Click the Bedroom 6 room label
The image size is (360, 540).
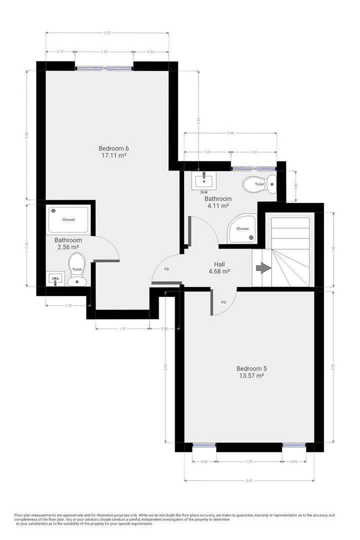click(x=113, y=148)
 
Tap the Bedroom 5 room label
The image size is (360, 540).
click(x=250, y=368)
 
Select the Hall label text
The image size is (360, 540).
click(x=219, y=264)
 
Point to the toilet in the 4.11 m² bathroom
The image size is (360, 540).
click(x=259, y=184)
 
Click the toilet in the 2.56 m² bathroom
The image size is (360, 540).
click(x=76, y=268)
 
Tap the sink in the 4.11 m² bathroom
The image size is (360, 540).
click(x=204, y=181)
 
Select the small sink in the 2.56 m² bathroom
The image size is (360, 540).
click(x=55, y=279)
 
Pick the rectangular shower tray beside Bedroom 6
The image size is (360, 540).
click(x=68, y=220)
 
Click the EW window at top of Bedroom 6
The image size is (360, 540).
click(x=104, y=68)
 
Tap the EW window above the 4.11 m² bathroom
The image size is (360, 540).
click(x=253, y=169)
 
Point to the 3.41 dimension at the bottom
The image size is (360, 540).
click(x=249, y=481)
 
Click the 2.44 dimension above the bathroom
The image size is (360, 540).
click(x=230, y=133)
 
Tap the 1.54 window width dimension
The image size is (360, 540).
click(x=104, y=51)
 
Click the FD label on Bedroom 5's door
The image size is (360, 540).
click(x=223, y=302)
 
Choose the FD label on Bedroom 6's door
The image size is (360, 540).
click(x=167, y=269)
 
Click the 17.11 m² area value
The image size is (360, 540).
click(x=113, y=155)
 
